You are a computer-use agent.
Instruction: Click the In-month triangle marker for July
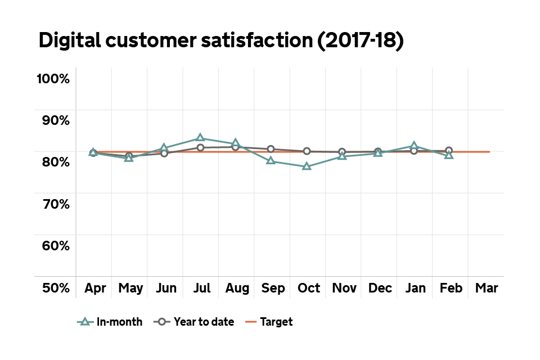[x=200, y=138]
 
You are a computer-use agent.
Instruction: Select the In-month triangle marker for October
[x=307, y=166]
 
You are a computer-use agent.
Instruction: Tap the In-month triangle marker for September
[x=271, y=161]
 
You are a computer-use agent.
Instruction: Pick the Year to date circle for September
[x=271, y=149]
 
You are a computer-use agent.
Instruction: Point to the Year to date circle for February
[x=449, y=150]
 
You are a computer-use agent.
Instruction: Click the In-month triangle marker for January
[x=413, y=146]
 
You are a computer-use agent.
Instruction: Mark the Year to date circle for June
[x=164, y=153]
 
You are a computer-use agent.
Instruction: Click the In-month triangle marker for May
[x=129, y=157]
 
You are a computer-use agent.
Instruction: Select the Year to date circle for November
[x=342, y=152]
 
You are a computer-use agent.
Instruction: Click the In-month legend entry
[x=110, y=322]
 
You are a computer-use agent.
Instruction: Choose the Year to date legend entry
[x=194, y=322]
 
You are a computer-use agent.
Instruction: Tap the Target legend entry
[x=269, y=322]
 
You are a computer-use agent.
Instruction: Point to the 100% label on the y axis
[x=53, y=79]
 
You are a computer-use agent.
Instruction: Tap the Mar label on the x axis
[x=486, y=288]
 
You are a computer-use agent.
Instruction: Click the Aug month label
[x=237, y=288]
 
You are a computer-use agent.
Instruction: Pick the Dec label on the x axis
[x=380, y=288]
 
